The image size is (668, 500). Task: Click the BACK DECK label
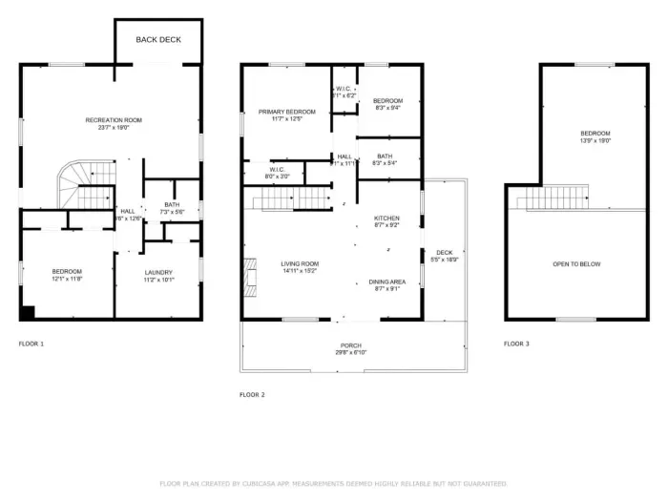pyautogui.click(x=157, y=39)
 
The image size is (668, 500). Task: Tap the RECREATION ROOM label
pyautogui.click(x=114, y=120)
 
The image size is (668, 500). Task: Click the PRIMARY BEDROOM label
pyautogui.click(x=286, y=112)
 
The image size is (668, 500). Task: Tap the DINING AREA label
pyautogui.click(x=387, y=281)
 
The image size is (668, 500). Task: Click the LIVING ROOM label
pyautogui.click(x=300, y=264)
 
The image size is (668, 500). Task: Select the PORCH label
pyautogui.click(x=351, y=345)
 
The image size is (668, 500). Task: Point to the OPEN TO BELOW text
pyautogui.click(x=576, y=264)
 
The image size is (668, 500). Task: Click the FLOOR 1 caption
pyautogui.click(x=31, y=343)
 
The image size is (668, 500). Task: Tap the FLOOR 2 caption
pyautogui.click(x=252, y=393)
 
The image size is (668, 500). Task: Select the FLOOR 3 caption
pyautogui.click(x=516, y=343)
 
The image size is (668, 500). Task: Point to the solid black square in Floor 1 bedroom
pyautogui.click(x=26, y=312)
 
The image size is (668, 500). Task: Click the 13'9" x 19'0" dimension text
pyautogui.click(x=595, y=140)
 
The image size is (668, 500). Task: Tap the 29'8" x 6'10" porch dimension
pyautogui.click(x=351, y=353)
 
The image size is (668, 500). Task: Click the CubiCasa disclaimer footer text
pyautogui.click(x=333, y=484)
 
